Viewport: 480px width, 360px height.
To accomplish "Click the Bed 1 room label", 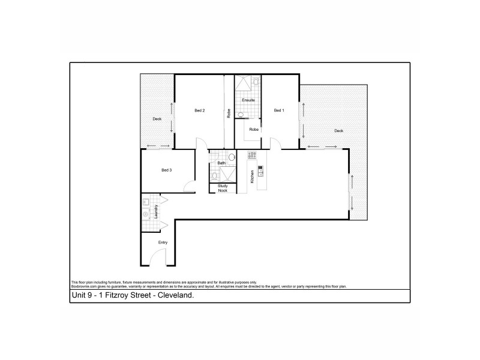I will coord(279,110).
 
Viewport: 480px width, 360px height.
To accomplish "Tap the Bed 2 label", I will coord(200,110).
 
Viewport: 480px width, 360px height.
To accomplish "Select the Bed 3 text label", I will coord(167,170).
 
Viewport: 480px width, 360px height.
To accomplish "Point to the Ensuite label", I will coord(248,100).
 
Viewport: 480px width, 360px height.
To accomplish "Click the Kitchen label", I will coord(253,176).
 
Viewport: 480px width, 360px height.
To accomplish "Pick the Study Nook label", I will coord(223,188).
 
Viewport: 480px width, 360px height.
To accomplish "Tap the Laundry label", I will coord(155,211).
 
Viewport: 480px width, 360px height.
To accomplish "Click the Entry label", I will coord(163,242).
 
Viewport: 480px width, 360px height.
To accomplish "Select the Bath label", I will coord(221,163).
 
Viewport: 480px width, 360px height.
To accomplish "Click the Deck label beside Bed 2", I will coord(157,119).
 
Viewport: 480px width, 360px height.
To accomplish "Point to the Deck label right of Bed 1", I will coord(338,131).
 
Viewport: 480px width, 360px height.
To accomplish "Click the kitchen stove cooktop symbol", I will coord(252,155).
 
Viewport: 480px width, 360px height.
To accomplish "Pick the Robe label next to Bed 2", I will coord(229,113).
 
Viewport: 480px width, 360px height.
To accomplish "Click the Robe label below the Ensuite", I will coord(254,129).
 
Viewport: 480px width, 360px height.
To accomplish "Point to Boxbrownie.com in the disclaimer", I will coord(85,286).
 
